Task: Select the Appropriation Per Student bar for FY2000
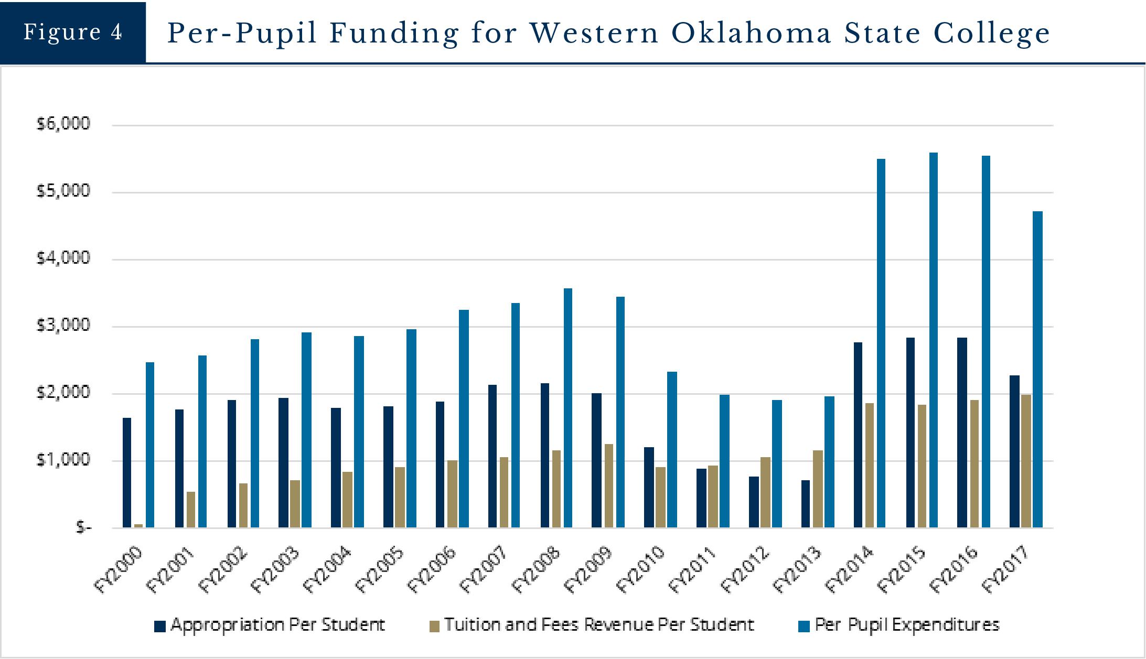[x=127, y=472]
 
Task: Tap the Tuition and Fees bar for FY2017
[x=1026, y=461]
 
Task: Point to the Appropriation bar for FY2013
[x=806, y=504]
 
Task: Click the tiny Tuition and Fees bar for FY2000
[x=138, y=525]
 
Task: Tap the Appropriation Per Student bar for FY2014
[x=858, y=435]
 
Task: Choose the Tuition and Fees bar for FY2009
[x=608, y=485]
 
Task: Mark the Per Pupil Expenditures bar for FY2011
[x=724, y=461]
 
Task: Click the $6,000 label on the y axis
[x=63, y=124]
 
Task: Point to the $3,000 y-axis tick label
[x=63, y=326]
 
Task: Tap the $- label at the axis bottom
[x=83, y=527]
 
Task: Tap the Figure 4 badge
[x=72, y=32]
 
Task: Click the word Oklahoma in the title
[x=751, y=33]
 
